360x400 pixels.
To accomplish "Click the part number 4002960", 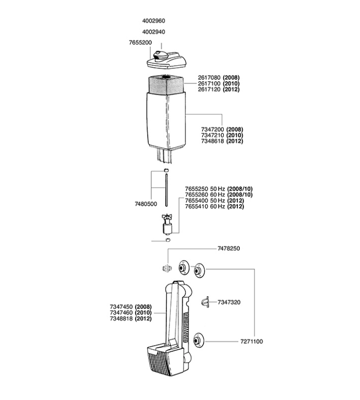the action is click(153, 21).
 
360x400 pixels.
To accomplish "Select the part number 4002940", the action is click(153, 32).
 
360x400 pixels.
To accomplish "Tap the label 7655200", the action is click(140, 42).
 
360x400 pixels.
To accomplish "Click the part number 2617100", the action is click(209, 83).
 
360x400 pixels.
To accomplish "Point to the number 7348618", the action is click(212, 141).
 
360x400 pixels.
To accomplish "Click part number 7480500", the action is click(146, 204).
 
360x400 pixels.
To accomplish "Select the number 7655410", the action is click(196, 206).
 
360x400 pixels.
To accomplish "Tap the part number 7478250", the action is click(229, 249).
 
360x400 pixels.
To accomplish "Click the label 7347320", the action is click(229, 302).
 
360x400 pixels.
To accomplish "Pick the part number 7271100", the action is click(252, 341).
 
